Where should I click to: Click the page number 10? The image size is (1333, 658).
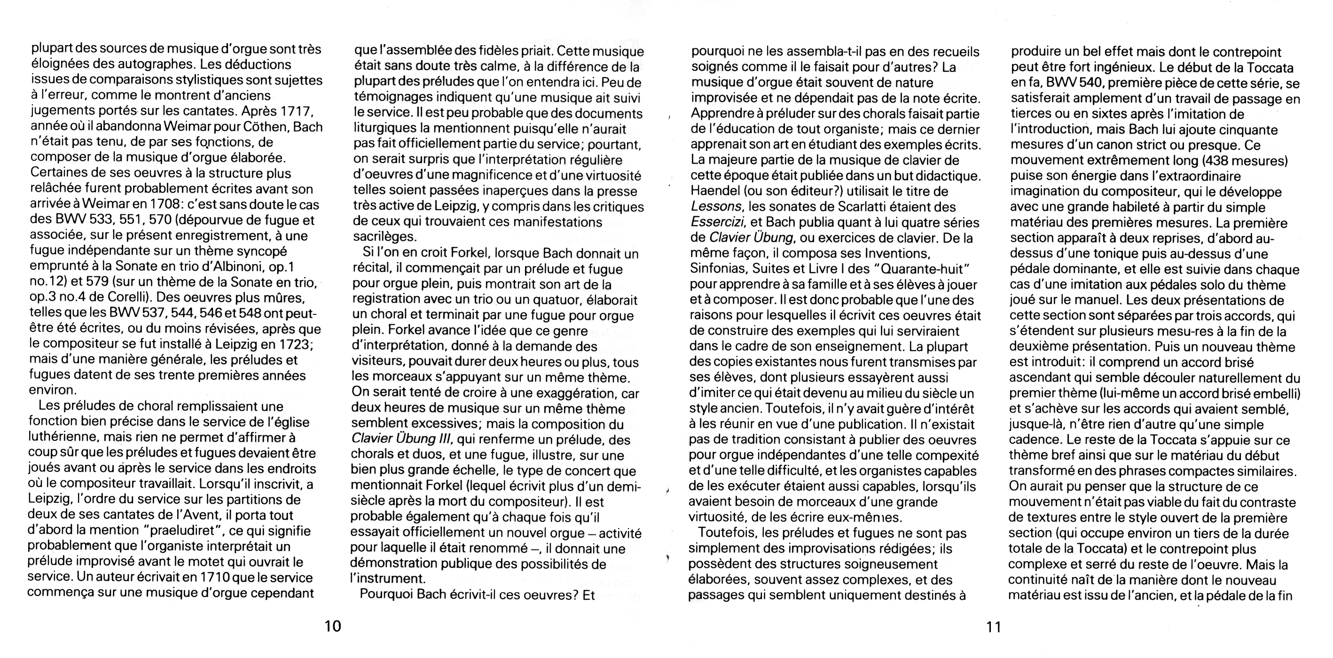click(333, 627)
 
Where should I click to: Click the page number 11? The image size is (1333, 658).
click(994, 627)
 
